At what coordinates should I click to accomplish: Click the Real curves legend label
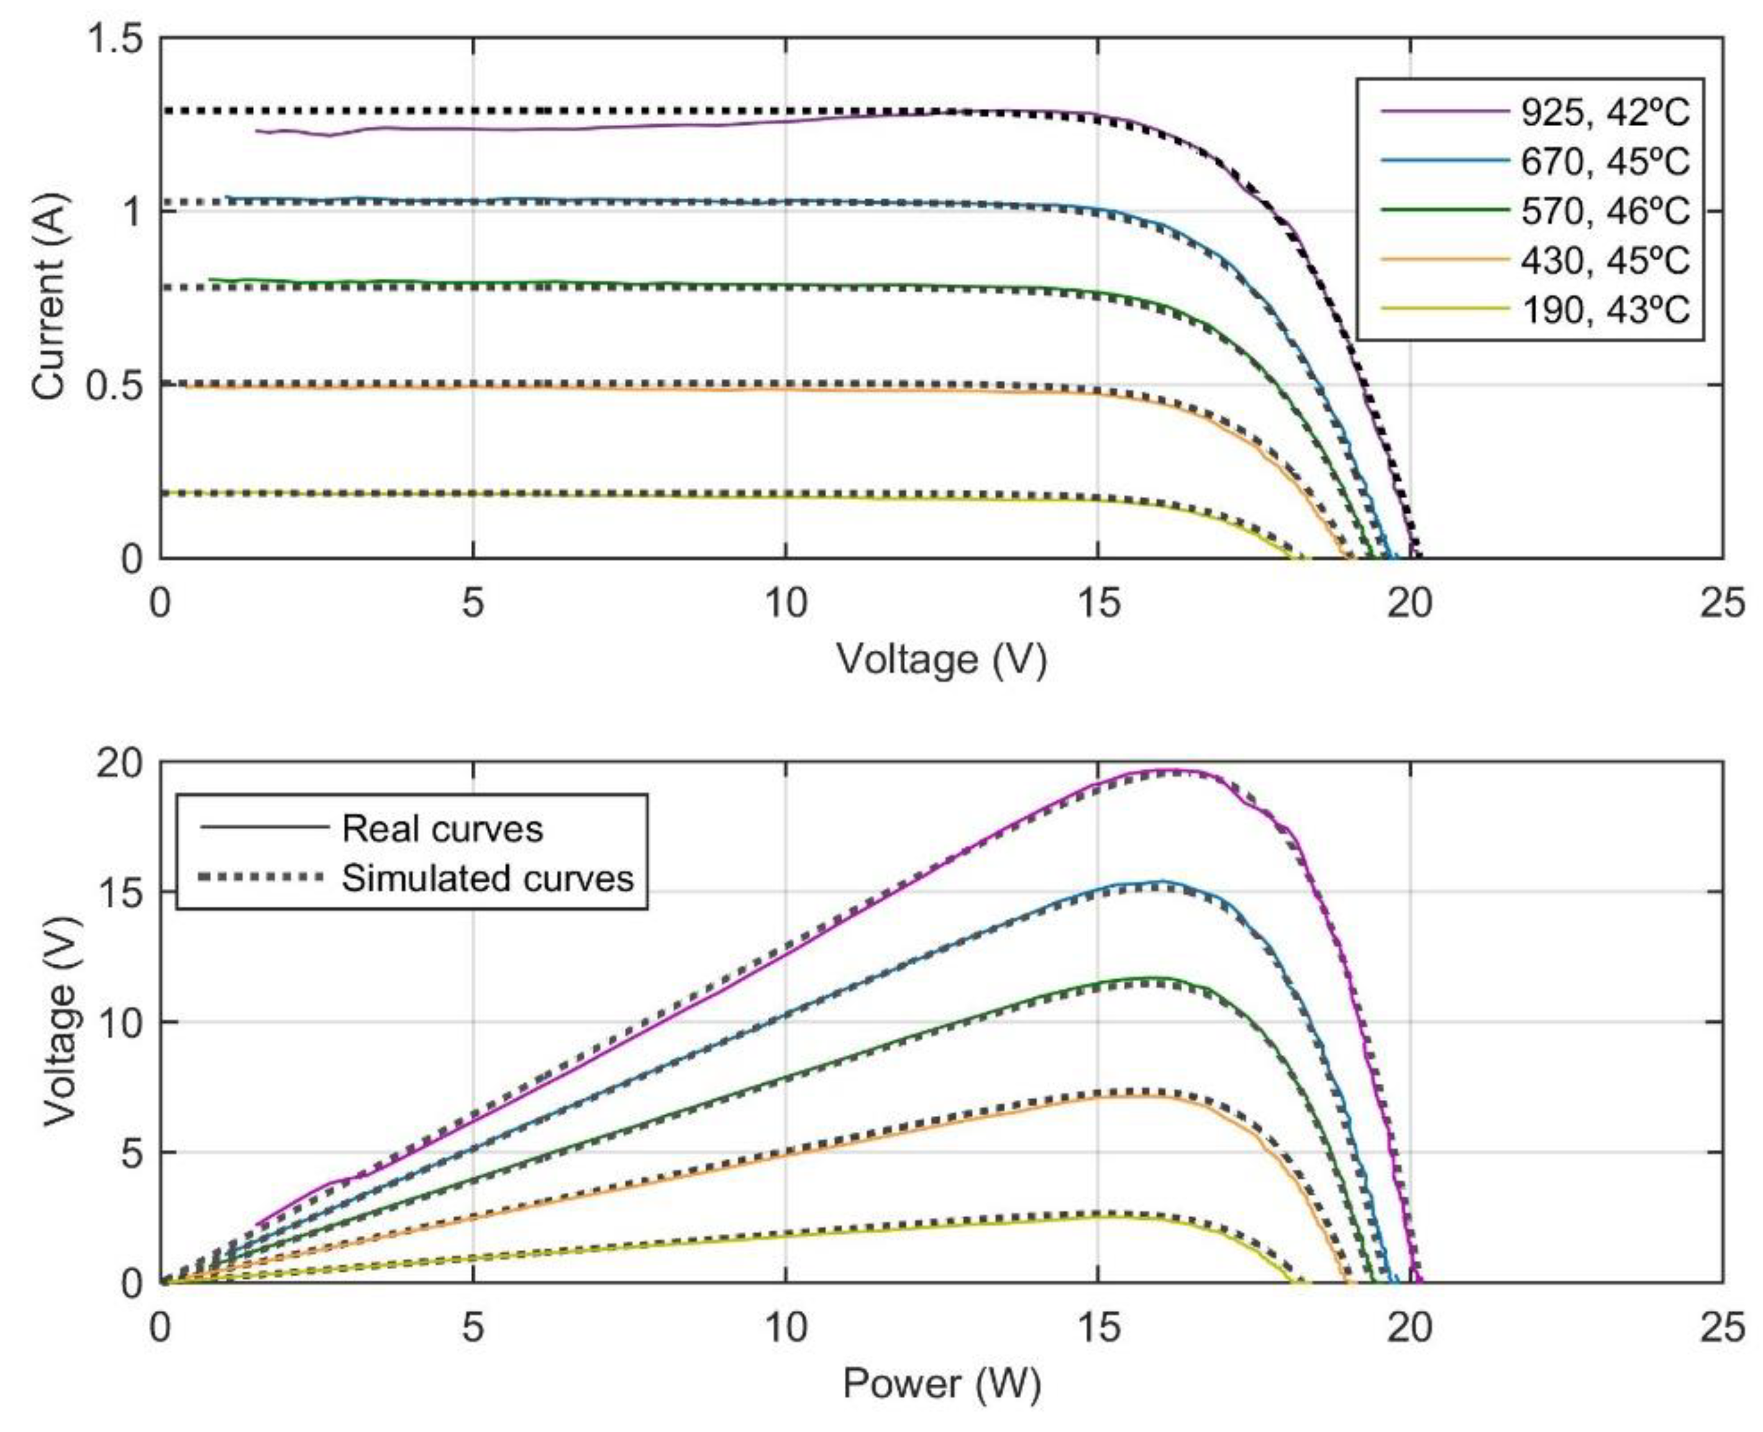(x=442, y=829)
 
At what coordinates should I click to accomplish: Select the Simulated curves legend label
(x=488, y=879)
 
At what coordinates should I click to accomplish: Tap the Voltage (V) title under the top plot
(x=941, y=660)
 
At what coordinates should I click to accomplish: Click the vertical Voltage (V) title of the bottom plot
(x=60, y=1021)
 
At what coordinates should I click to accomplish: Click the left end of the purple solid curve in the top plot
(x=257, y=130)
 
